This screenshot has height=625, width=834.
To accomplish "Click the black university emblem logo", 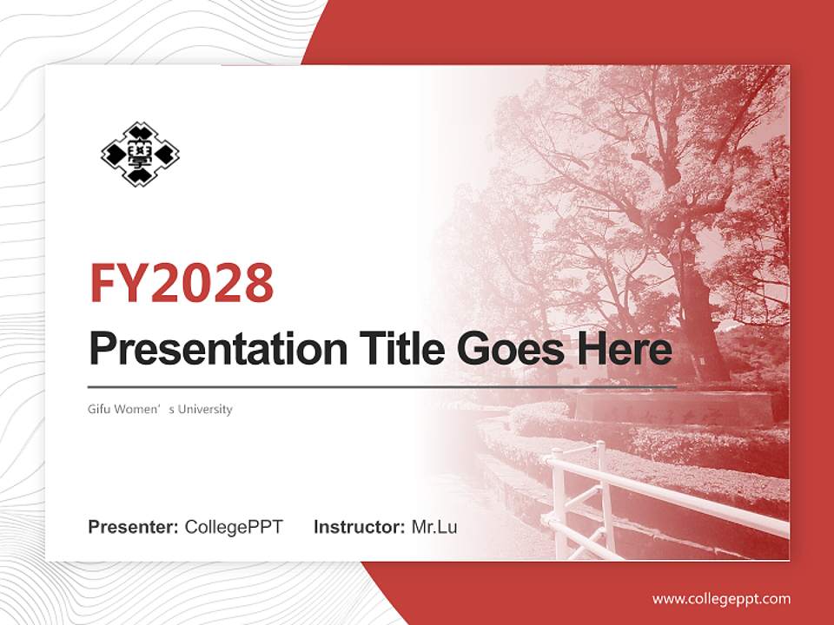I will click(x=140, y=155).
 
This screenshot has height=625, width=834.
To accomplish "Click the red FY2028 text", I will click(x=182, y=282).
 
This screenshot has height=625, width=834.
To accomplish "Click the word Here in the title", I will click(x=625, y=349).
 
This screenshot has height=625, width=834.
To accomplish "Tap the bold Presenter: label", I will click(x=134, y=527).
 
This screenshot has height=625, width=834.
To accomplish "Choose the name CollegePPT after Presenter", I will click(x=234, y=527).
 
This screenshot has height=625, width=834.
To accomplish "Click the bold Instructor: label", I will click(x=359, y=527).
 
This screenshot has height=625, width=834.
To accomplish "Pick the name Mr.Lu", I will click(x=434, y=527).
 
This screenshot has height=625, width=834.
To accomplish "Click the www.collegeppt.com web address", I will click(x=721, y=599).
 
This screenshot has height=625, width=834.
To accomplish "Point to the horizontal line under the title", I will click(x=382, y=386).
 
